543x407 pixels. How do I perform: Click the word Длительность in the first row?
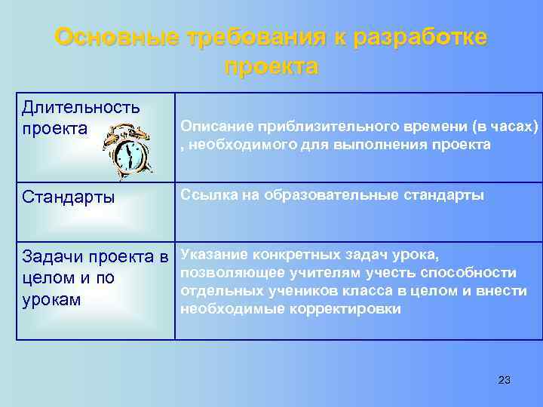tap(81, 108)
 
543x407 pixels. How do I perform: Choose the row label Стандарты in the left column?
tap(69, 198)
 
